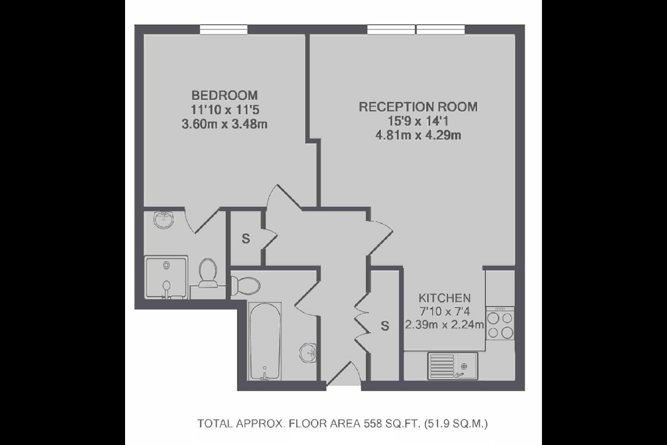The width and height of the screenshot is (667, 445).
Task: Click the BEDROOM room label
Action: click(225, 95)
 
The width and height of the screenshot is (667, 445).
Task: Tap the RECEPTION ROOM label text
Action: click(418, 107)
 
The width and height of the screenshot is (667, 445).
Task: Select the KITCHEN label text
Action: click(445, 298)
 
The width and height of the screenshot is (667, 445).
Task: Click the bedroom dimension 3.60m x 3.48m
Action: click(225, 124)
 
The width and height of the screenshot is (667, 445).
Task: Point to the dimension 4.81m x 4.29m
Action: click(418, 136)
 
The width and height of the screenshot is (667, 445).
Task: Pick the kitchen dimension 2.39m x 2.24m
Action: click(445, 324)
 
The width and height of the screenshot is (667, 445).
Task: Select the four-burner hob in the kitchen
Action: click(500, 324)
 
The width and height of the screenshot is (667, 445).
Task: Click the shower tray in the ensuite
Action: click(166, 277)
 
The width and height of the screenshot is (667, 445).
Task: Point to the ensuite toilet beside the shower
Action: click(208, 272)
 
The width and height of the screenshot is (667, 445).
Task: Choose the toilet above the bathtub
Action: click(245, 284)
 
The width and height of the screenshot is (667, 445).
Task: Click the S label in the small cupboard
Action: click(246, 239)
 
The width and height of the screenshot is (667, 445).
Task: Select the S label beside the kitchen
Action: click(384, 326)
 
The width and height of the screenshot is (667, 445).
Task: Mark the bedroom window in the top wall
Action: click(224, 29)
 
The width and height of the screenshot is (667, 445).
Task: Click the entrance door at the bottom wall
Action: click(344, 378)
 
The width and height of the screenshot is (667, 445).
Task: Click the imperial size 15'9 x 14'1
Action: click(418, 121)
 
